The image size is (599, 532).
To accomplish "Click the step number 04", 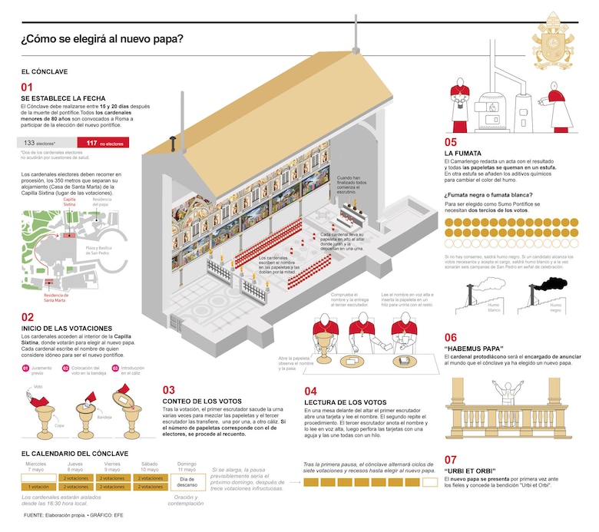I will click(311, 391).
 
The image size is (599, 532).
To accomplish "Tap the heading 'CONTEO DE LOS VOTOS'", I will click(202, 401).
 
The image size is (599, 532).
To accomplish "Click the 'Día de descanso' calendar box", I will click(187, 482).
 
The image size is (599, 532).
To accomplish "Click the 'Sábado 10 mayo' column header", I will click(149, 466).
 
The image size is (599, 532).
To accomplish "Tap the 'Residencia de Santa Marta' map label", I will click(57, 298).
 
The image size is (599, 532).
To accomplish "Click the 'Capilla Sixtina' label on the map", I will click(69, 202).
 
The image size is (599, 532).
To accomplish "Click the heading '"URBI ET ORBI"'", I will click(469, 471).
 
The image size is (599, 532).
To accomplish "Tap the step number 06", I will click(450, 338).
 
